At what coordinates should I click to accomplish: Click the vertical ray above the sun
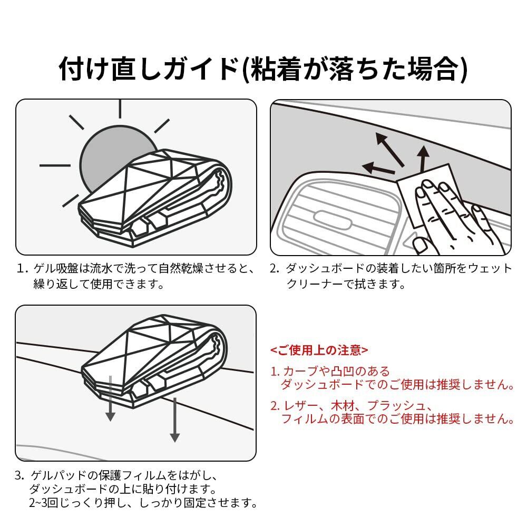(x=120, y=109)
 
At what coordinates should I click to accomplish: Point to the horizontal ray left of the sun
(x=55, y=165)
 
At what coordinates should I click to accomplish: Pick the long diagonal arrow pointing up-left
(x=390, y=149)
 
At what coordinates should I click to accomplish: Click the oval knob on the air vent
(x=333, y=219)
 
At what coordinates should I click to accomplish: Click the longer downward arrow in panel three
(x=175, y=420)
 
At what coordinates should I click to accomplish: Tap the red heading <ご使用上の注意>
(x=319, y=350)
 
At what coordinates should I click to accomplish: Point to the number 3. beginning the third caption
(x=19, y=476)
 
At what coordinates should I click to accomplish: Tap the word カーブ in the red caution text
(x=300, y=372)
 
